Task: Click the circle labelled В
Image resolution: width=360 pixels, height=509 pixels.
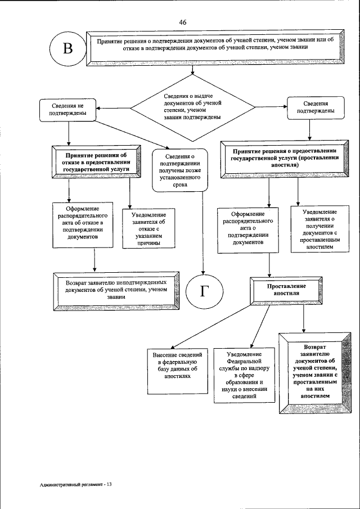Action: click(x=68, y=48)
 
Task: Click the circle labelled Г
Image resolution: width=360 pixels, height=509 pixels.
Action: click(x=205, y=291)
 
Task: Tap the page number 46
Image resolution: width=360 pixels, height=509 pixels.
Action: click(x=183, y=22)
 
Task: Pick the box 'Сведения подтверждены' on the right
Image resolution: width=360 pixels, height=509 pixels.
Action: click(x=312, y=107)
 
